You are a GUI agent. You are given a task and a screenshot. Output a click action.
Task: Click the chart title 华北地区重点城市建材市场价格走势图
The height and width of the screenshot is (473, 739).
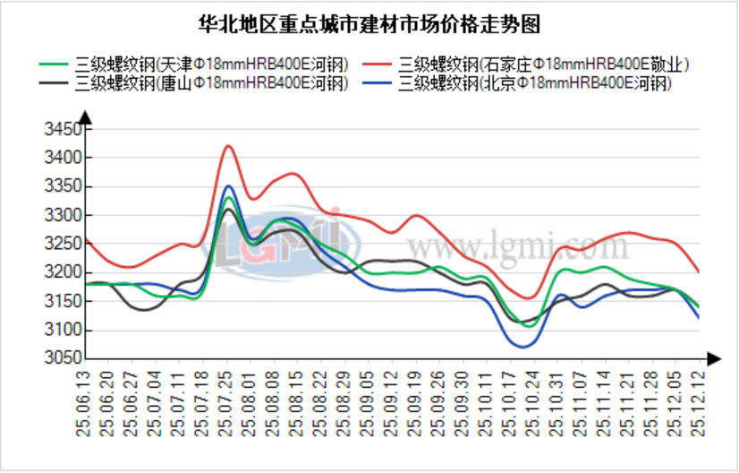click(369, 22)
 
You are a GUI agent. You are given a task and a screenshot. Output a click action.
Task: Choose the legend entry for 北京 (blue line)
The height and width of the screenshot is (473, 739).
click(535, 83)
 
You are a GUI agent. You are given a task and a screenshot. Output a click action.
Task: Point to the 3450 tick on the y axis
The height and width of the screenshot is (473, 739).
click(64, 130)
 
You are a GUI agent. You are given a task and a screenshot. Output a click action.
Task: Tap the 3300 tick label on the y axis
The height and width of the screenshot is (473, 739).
click(64, 216)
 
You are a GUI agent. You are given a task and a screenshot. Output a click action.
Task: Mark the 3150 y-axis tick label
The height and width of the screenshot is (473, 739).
click(64, 302)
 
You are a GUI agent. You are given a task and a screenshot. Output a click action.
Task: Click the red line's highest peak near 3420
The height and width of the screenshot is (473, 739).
click(229, 145)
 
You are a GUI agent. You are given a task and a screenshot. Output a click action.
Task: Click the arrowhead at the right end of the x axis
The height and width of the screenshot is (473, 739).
click(713, 358)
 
